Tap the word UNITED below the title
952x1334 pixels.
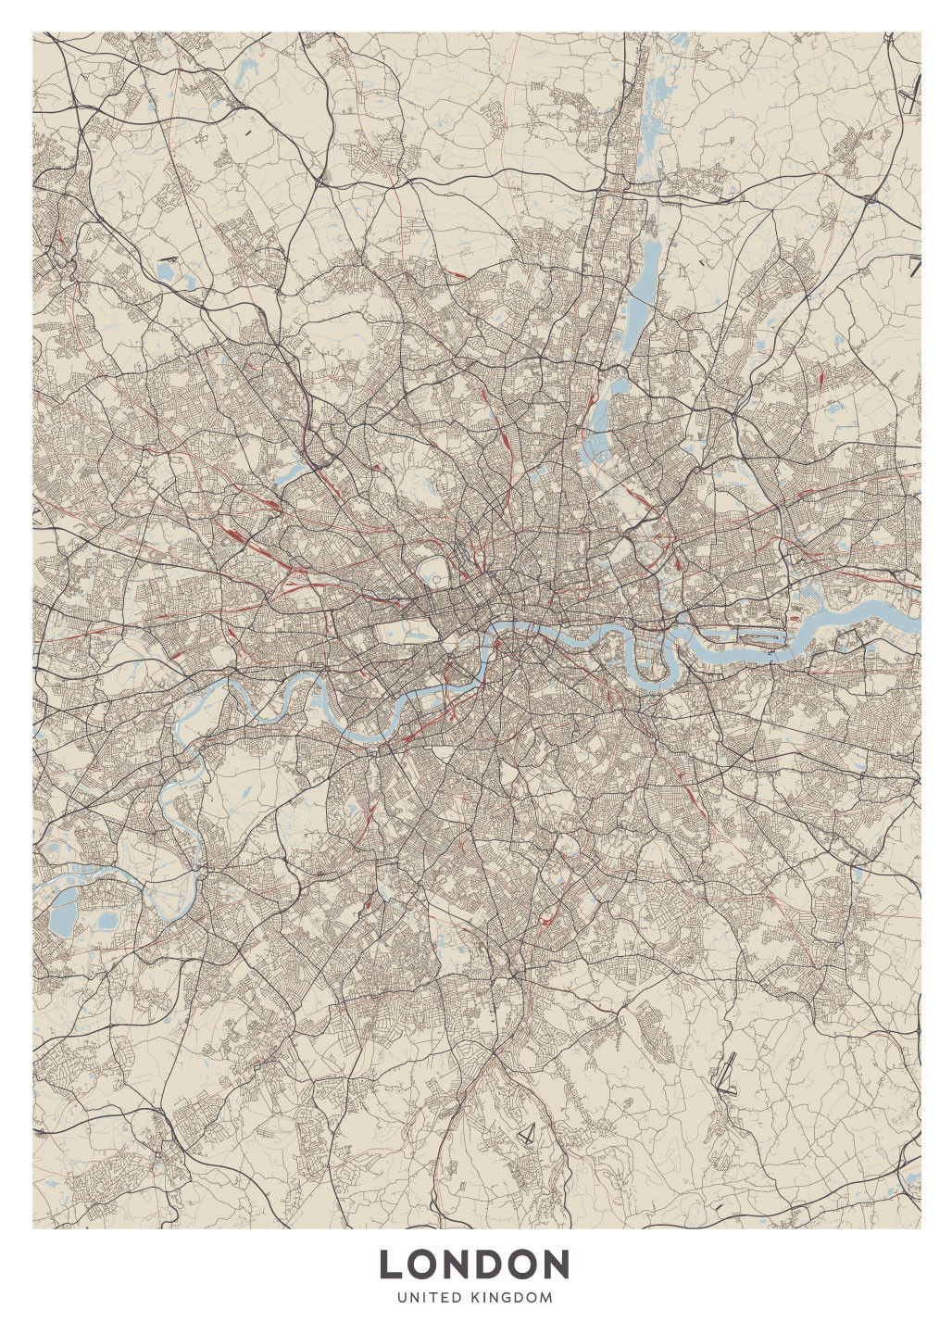[x=429, y=1298]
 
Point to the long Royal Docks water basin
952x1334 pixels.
[x=748, y=637]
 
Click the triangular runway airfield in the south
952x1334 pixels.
[x=527, y=1133]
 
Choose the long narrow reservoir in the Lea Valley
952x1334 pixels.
[x=645, y=269]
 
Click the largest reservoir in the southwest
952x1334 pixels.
[x=63, y=915]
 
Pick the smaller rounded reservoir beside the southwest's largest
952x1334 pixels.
[x=107, y=921]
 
